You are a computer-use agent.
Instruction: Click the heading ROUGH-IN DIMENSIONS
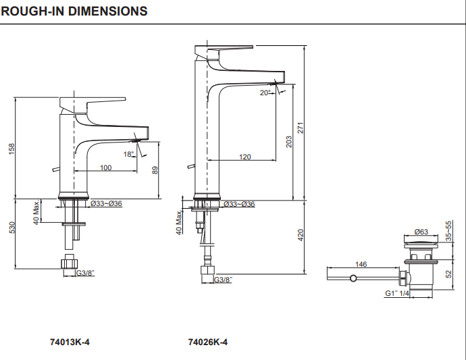tap(74, 11)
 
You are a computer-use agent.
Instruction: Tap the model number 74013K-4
tap(70, 342)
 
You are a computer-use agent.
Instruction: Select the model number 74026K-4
tap(207, 342)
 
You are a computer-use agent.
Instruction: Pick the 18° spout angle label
tap(129, 154)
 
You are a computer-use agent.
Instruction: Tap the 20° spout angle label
tap(265, 93)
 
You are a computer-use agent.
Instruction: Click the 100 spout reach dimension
tap(106, 168)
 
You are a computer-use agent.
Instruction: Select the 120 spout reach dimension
tap(244, 157)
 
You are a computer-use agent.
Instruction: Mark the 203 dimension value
tap(288, 142)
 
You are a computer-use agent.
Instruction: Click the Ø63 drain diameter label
tap(421, 232)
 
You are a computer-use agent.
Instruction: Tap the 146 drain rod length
tap(361, 264)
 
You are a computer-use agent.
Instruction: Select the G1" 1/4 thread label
tap(398, 293)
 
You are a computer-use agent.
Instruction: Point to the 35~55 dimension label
tap(449, 230)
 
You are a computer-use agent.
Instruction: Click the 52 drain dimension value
tap(449, 274)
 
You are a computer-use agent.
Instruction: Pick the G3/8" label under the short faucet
tap(85, 273)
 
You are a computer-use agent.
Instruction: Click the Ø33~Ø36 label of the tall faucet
tap(239, 204)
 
